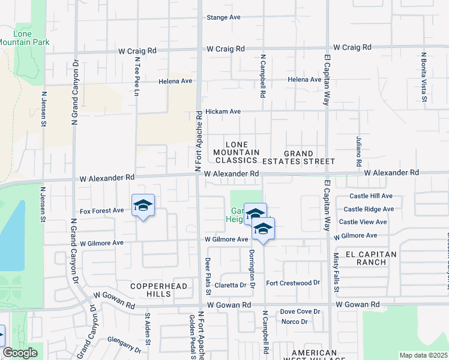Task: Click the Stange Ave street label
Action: point(223,17)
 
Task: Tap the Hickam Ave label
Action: point(223,112)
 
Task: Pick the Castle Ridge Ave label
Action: point(369,209)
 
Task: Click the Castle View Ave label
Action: point(363,222)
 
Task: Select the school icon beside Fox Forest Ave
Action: point(143,206)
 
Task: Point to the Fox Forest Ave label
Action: point(101,211)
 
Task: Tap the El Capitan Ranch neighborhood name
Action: point(367,258)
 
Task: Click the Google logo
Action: point(20,353)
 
